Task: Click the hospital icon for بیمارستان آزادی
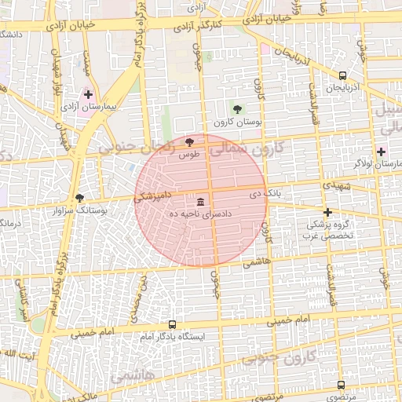tap(88, 94)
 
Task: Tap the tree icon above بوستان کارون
tap(238, 110)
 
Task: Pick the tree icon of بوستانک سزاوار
tap(79, 198)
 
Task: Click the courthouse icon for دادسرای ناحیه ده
tap(200, 202)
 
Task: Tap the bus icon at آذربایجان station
tap(342, 76)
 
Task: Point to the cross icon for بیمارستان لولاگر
tap(382, 152)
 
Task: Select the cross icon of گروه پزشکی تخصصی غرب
tap(327, 212)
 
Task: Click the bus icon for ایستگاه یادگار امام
tap(172, 324)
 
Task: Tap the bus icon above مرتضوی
tap(340, 386)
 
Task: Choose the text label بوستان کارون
tap(236, 123)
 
